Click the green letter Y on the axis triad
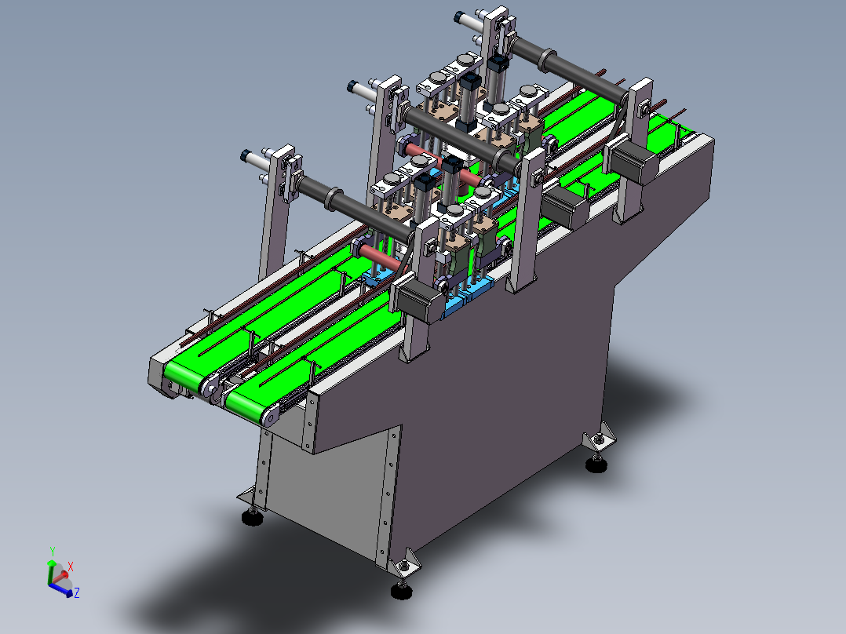(x=52, y=551)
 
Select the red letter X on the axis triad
(x=71, y=566)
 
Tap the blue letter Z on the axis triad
(x=77, y=593)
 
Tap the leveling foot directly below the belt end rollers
(x=253, y=516)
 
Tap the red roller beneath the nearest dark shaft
(x=377, y=254)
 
